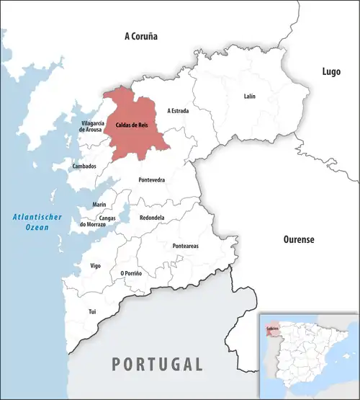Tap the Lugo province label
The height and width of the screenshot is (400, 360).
click(331, 71)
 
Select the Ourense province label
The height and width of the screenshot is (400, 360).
click(297, 239)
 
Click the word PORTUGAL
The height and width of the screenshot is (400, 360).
click(157, 363)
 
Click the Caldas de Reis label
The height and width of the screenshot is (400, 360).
click(132, 125)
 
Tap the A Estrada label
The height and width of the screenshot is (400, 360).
click(178, 111)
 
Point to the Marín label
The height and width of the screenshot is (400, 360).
click(99, 205)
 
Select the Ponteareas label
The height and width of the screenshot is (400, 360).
click(186, 246)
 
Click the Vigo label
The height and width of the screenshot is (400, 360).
click(96, 266)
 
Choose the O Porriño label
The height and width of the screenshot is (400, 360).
click(131, 273)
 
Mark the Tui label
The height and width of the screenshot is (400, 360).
click(91, 311)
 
